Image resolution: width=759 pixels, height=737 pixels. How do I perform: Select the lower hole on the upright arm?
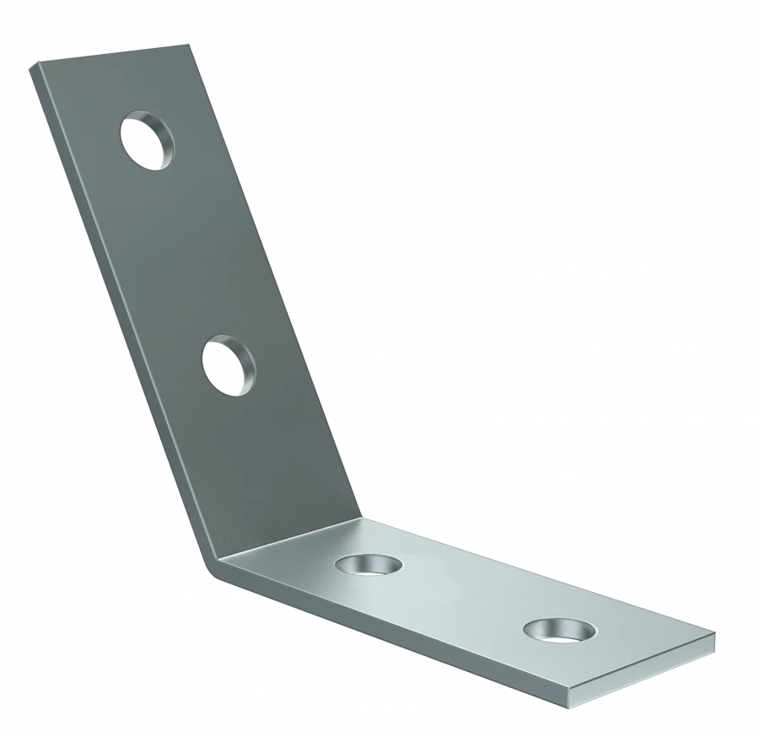tap(229, 366)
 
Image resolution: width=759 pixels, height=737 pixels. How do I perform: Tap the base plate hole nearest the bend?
tap(368, 564)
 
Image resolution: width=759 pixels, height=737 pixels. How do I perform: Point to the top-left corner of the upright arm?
tap(31, 64)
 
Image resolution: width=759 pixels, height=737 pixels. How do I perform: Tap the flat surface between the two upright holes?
tap(190, 253)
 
